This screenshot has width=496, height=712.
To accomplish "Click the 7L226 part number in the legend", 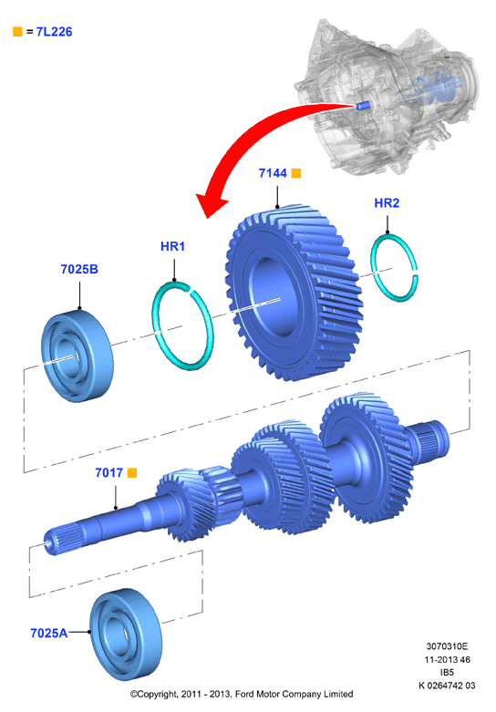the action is [54, 32].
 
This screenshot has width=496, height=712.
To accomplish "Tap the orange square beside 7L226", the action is [17, 31].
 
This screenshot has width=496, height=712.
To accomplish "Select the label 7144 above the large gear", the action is [273, 173].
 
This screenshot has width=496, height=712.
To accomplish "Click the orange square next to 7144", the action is [296, 173].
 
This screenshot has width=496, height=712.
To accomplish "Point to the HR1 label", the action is [172, 246].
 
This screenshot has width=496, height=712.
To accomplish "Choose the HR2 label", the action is [387, 203].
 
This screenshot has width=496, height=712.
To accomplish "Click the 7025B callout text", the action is [79, 269].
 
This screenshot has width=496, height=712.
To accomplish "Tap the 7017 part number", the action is [109, 473].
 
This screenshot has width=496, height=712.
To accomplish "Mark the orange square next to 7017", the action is [132, 473].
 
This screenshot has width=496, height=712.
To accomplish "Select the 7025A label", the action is [48, 633].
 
